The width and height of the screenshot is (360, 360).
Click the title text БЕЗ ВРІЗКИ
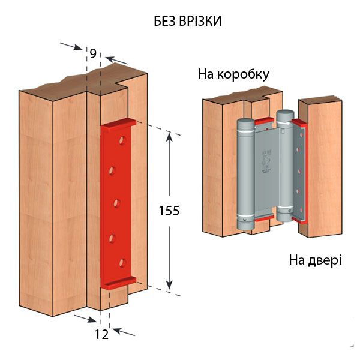pos(188,21)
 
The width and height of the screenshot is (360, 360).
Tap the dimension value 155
pos(169,211)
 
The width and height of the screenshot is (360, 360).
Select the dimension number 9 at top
pos(93,53)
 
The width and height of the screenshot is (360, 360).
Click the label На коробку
pos(233,75)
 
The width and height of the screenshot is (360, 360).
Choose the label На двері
pos(316,260)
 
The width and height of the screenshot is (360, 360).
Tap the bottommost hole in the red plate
pos(122,262)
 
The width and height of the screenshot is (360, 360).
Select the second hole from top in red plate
pos(112,173)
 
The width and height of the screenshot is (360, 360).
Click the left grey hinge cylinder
pos(245,174)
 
